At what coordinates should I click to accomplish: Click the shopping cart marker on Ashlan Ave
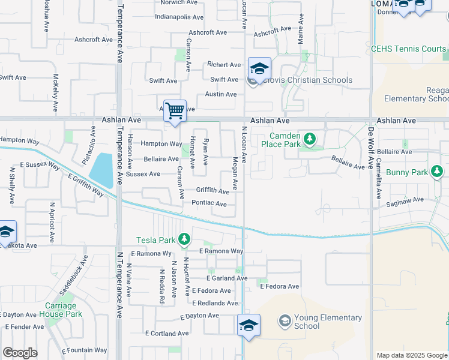pyautogui.click(x=175, y=110)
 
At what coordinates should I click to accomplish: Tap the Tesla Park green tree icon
pyautogui.click(x=185, y=240)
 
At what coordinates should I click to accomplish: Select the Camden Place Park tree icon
pyautogui.click(x=309, y=140)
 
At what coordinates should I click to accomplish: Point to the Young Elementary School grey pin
pyautogui.click(x=284, y=322)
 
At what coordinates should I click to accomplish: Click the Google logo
pyautogui.click(x=19, y=353)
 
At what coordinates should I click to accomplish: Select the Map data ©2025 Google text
pyautogui.click(x=411, y=355)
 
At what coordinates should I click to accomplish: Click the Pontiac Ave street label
pyautogui.click(x=209, y=203)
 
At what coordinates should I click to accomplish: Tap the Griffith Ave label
pyautogui.click(x=212, y=191)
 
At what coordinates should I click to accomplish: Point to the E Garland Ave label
pyautogui.click(x=227, y=278)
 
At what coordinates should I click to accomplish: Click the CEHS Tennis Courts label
pyautogui.click(x=408, y=49)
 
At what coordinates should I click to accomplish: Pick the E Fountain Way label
pyautogui.click(x=84, y=350)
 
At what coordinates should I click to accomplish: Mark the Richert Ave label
pyautogui.click(x=224, y=65)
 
